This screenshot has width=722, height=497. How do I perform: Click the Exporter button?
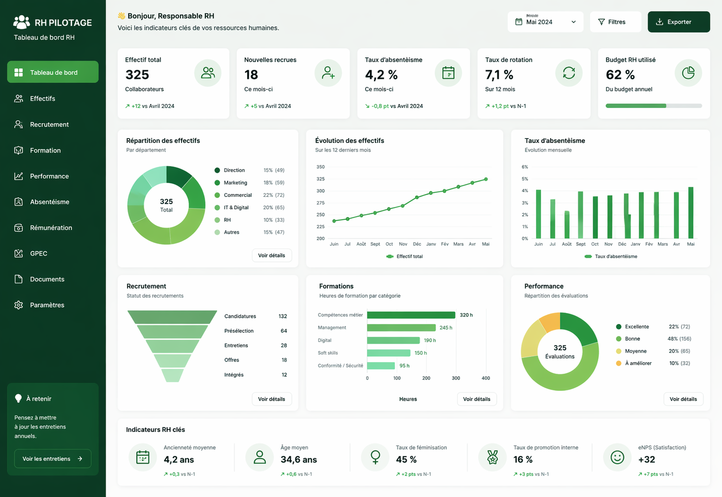[679, 22]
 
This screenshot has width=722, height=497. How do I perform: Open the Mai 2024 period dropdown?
[545, 22]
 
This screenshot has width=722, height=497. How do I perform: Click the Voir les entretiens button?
[53, 459]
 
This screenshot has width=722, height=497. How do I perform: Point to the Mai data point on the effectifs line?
[486, 179]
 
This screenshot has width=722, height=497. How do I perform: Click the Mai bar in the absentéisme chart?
[690, 213]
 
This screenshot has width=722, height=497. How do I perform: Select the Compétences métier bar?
[411, 315]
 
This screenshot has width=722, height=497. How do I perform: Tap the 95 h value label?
[404, 366]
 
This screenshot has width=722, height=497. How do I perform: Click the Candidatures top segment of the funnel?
[172, 317]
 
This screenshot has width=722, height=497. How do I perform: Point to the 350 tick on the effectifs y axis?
[320, 167]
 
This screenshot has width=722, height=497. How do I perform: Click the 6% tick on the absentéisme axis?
[525, 167]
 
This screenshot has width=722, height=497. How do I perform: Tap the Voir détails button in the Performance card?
[683, 399]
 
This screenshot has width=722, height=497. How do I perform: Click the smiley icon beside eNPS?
[617, 457]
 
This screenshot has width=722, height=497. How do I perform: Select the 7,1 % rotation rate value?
[499, 75]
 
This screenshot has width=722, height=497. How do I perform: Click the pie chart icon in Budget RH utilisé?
[688, 73]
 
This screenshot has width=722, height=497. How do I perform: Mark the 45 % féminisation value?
[406, 459]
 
